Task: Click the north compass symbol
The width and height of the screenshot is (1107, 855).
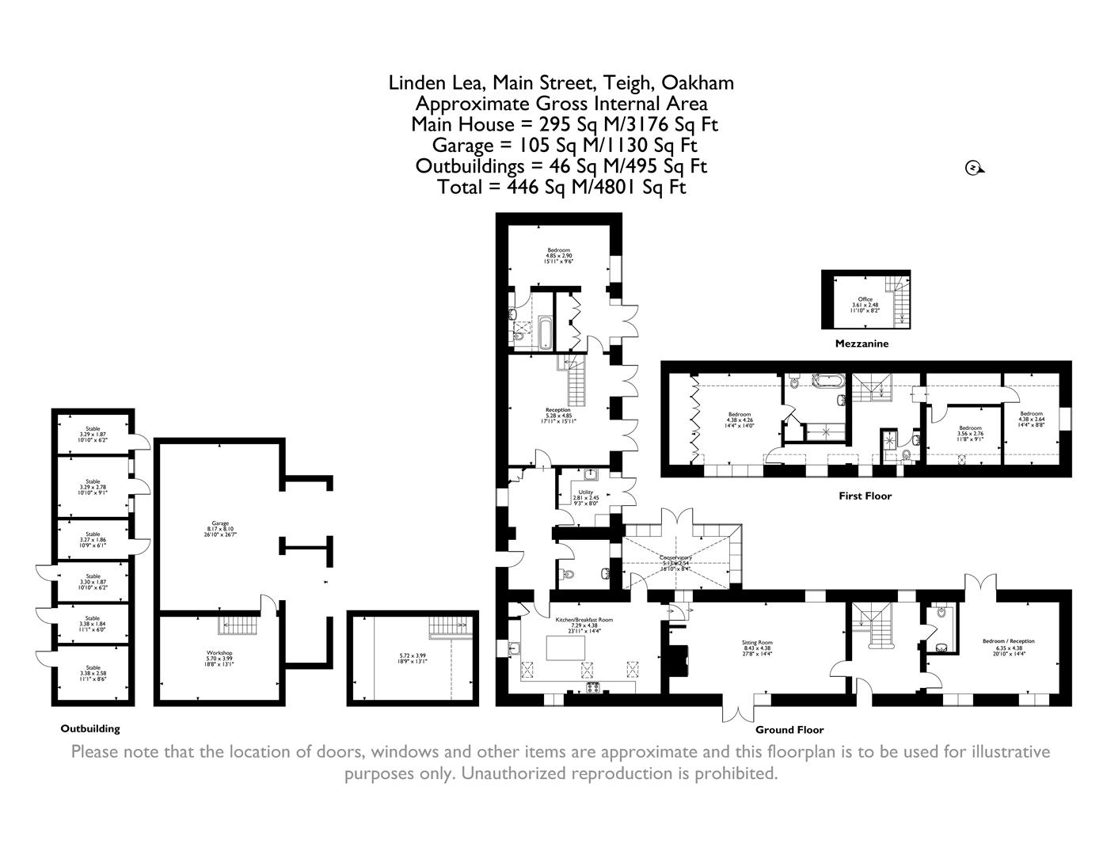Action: click(973, 167)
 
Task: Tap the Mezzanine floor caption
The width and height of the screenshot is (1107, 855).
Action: click(862, 344)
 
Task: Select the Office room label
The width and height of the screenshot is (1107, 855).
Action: click(865, 299)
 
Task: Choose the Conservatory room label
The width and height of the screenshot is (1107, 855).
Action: click(675, 557)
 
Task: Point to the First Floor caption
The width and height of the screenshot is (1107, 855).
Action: click(865, 496)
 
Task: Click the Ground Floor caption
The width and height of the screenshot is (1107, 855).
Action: click(789, 730)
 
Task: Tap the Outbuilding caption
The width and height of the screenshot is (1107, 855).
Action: click(90, 728)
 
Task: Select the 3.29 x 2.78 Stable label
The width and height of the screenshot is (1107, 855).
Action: click(93, 481)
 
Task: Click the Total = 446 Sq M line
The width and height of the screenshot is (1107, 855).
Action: click(561, 187)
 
